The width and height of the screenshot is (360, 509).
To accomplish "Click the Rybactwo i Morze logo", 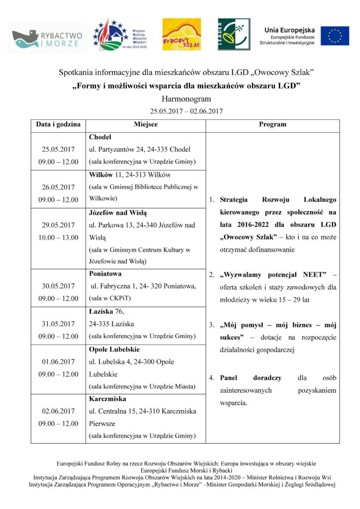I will point(48,38).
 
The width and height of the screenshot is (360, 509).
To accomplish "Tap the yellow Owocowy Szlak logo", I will point(181,34).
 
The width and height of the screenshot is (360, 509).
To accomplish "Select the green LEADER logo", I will point(233,34).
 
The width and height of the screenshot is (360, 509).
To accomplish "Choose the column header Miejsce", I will point(146,125).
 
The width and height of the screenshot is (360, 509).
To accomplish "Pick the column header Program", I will point(272,125).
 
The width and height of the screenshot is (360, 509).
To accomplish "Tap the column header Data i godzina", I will point(58,125).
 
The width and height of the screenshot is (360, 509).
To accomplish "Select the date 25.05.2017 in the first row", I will point(58,149).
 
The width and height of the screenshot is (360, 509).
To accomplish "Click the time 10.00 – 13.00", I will point(58,238).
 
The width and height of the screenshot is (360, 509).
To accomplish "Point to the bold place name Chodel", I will point(100,137).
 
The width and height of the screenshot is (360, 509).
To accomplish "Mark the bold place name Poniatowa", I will point(105,273).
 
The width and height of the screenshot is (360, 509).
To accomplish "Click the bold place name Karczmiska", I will point(107,399).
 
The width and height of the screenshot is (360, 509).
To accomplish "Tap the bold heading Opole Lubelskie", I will point(114,349).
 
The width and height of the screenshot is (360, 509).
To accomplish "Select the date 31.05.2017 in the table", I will point(58,324).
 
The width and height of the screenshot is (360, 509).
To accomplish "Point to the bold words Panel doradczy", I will point(251,378).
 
